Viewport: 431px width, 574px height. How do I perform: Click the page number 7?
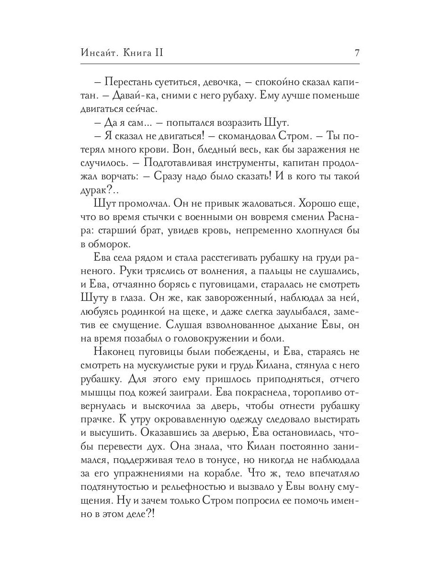pos(356,53)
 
